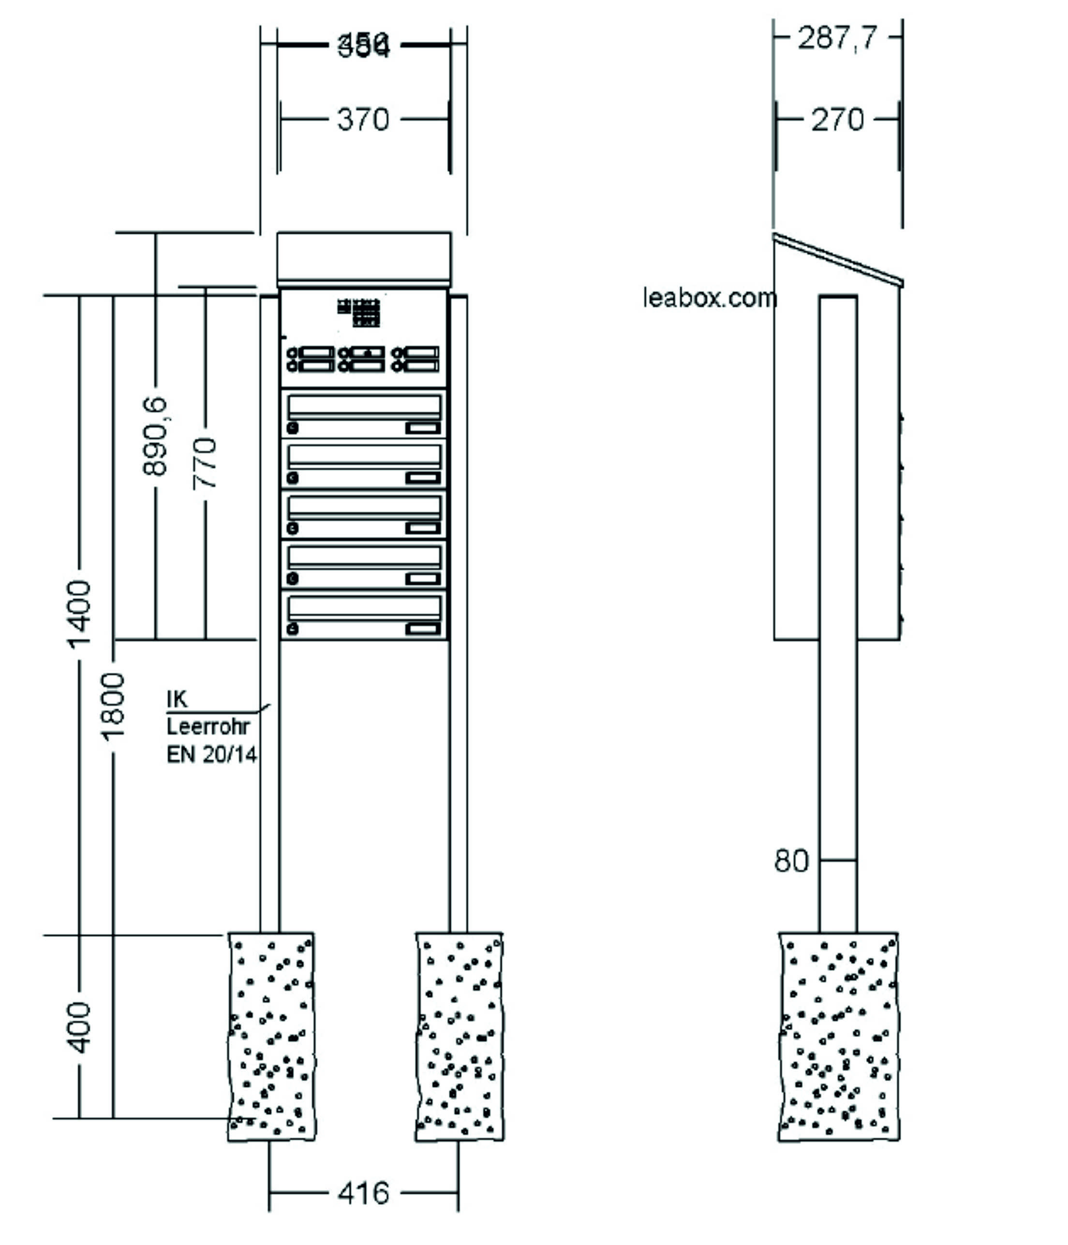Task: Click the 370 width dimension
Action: point(363,119)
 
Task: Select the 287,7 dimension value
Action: point(837,39)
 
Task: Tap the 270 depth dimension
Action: point(837,119)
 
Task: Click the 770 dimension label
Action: point(205,463)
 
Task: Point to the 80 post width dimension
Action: point(791,861)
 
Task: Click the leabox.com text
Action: point(709,298)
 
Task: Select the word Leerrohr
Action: point(208,726)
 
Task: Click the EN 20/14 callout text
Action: point(211,755)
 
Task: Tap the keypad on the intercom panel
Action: point(366,312)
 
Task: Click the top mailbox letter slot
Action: point(364,407)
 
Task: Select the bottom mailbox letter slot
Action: point(364,608)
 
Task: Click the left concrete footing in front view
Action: point(271,1036)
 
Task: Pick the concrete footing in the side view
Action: point(839,1036)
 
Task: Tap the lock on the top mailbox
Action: point(293,429)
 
